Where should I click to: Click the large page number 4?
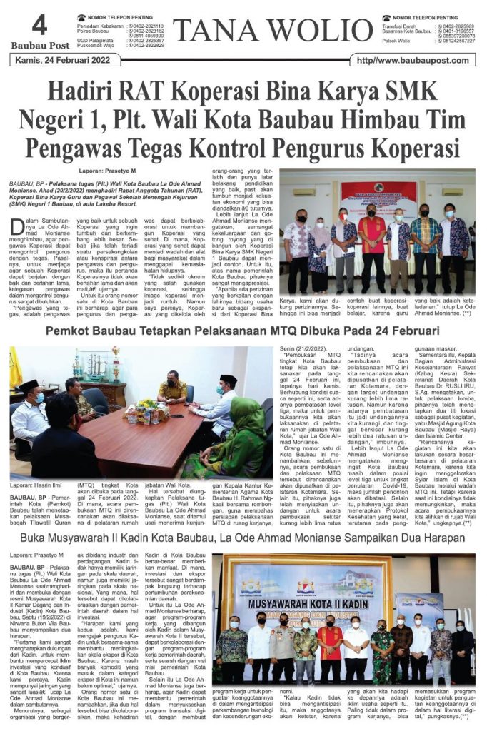(40, 26)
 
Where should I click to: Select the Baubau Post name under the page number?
(40, 46)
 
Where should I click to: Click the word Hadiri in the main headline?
(84, 94)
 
